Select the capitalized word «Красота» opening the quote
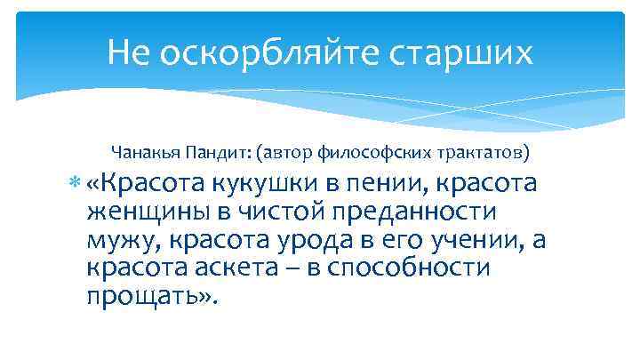pos(153,184)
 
